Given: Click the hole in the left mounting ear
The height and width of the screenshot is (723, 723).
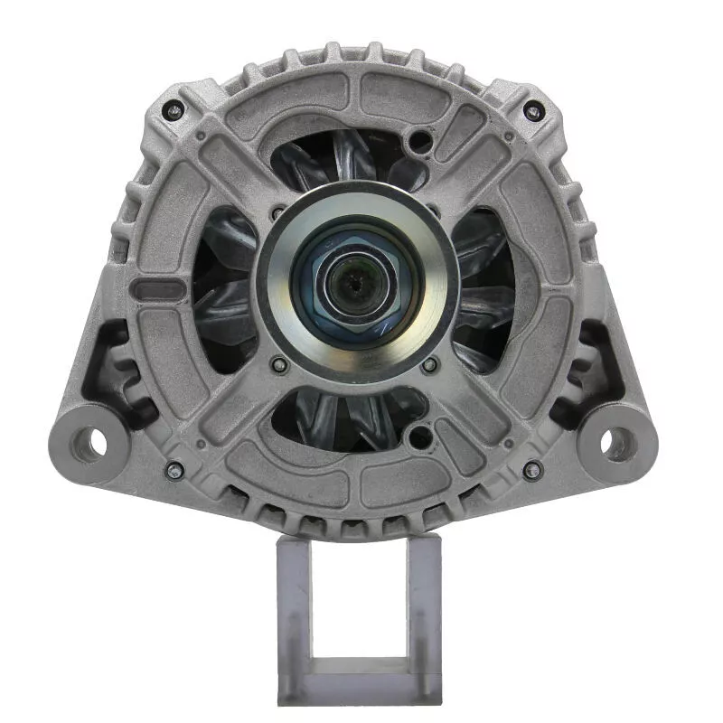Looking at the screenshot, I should point(89,443).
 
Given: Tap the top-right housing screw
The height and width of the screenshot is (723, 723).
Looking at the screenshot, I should point(533,111).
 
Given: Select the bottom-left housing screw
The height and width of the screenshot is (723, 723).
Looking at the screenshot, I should point(174,469).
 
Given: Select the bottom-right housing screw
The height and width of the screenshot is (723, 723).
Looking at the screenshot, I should point(533,469).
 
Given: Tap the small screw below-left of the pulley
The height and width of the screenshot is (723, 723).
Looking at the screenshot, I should point(278,364).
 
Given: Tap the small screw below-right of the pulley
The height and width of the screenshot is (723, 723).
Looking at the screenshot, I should point(430,364).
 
